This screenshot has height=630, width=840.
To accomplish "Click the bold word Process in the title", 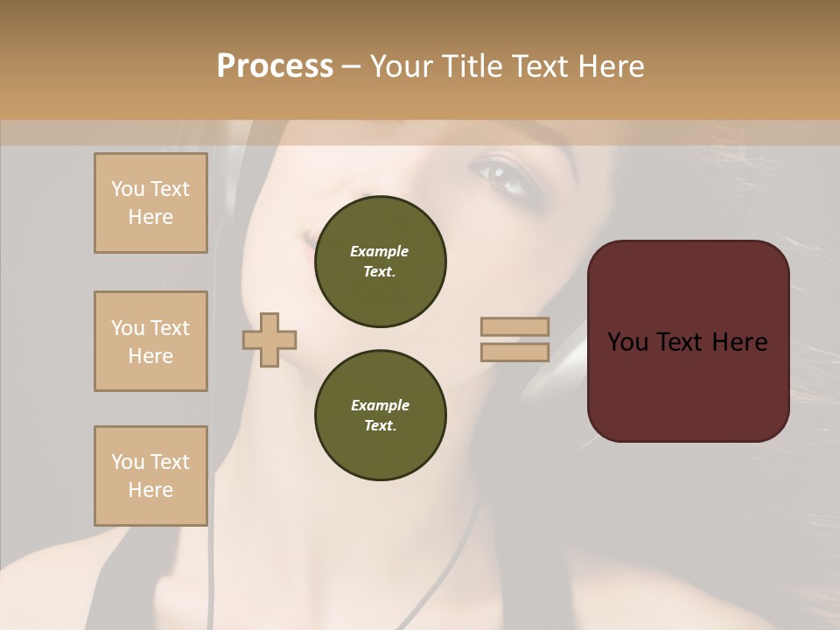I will point(275,66).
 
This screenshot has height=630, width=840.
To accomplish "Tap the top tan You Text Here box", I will point(150,203).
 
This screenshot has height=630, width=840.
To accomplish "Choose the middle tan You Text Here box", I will point(150,341).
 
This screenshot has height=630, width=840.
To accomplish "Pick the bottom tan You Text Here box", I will point(150,476).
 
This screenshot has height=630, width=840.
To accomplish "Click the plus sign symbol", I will point(269,340).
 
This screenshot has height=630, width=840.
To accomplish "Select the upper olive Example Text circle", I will point(380,261).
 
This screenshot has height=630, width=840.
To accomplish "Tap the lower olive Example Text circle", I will point(380,415).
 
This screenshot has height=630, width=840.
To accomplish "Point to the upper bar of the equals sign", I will point(514,327).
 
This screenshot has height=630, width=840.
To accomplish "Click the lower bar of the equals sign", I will point(514,352).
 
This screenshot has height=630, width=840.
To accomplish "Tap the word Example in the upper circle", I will point(380,251).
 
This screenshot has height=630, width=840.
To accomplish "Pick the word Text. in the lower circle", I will point(380,426).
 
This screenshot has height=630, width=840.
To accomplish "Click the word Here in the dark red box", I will point(739,342).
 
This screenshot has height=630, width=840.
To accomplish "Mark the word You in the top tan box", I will point(127,189).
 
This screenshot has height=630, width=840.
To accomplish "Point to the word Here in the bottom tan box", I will point(150,490).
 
